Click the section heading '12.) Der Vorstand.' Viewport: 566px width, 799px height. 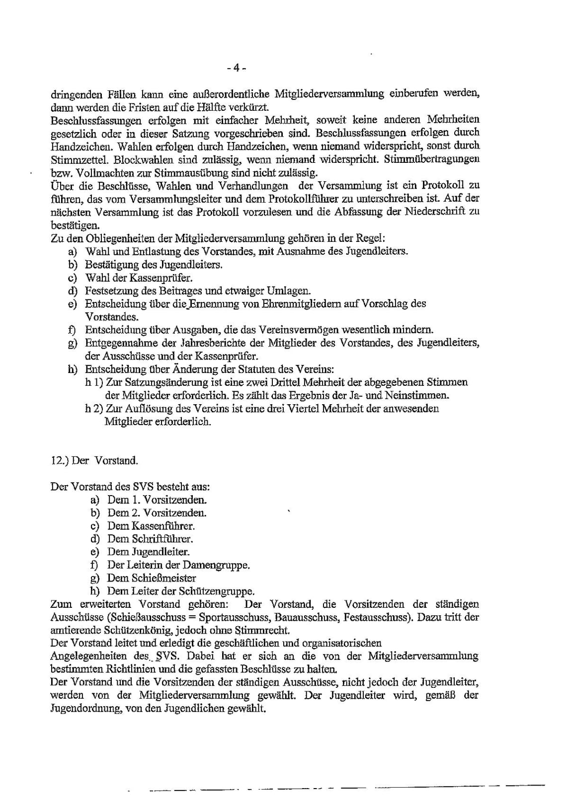pyautogui.click(x=94, y=460)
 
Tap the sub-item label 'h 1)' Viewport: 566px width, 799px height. pyautogui.click(x=94, y=382)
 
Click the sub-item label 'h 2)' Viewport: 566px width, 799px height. pyautogui.click(x=94, y=409)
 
